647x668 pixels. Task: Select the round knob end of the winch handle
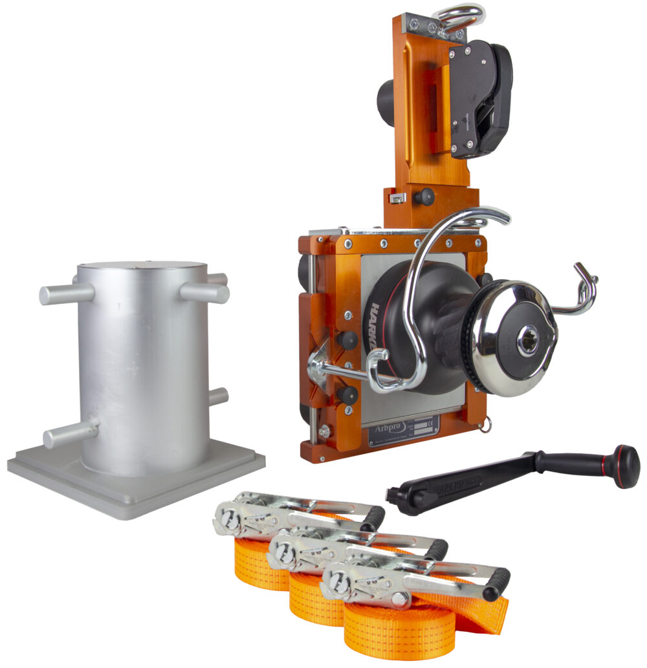[626, 466]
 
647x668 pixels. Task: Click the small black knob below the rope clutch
[424, 197]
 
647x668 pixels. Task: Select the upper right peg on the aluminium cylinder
[205, 292]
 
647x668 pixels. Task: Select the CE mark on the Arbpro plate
[432, 422]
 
